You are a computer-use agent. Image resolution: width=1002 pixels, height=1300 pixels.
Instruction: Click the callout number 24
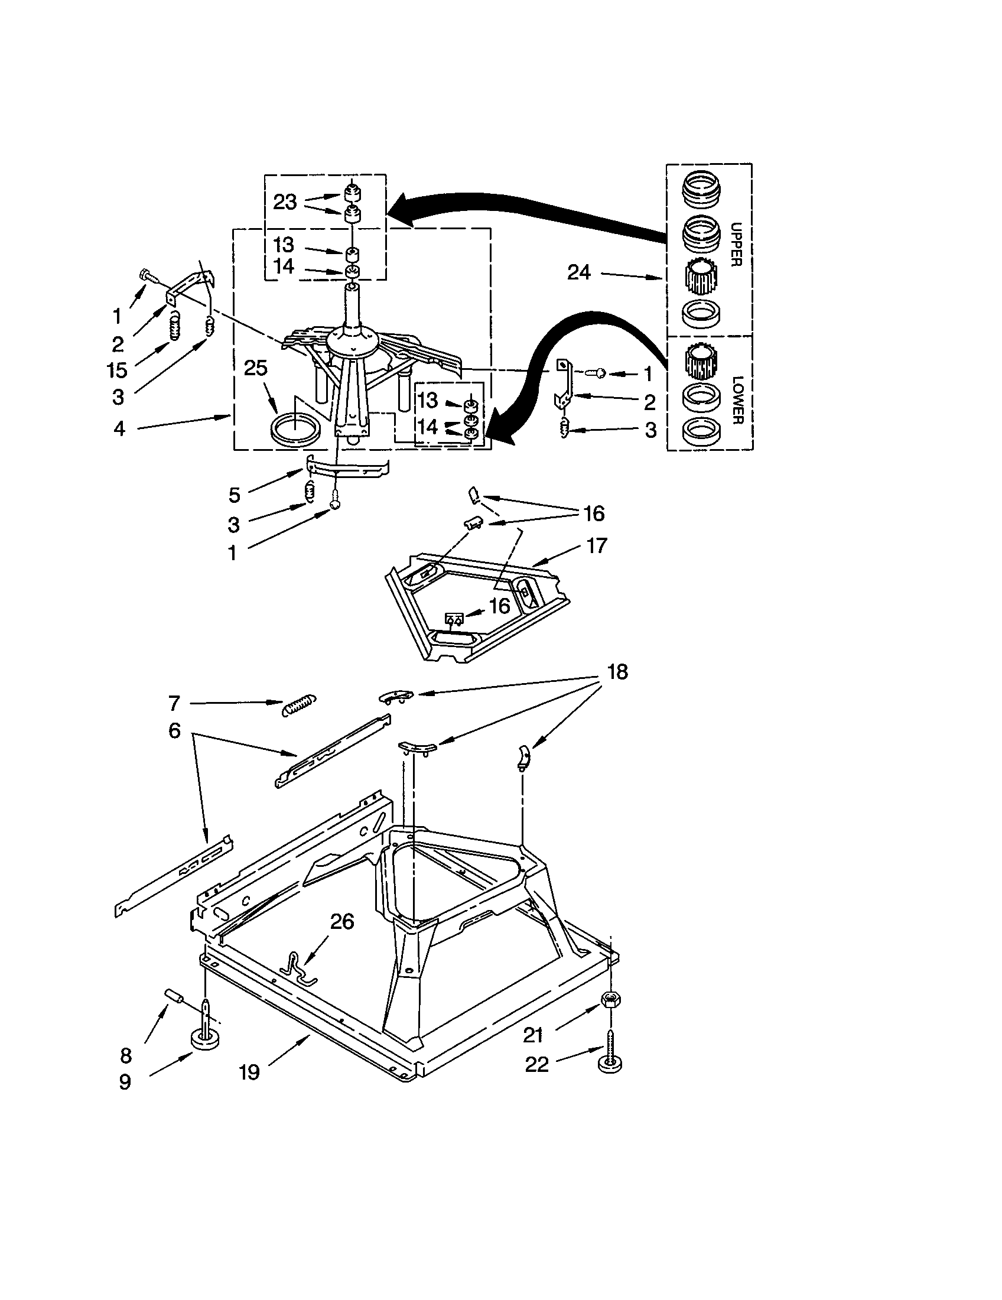click(x=578, y=272)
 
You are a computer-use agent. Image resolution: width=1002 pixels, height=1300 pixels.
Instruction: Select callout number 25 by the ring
click(x=255, y=368)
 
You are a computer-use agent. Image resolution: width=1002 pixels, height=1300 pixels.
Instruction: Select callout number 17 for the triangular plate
click(x=597, y=545)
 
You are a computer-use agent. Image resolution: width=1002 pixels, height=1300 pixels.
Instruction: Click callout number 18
click(x=617, y=672)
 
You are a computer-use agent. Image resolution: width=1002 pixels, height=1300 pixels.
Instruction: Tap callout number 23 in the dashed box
click(x=284, y=202)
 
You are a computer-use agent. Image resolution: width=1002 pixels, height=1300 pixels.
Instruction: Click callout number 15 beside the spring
click(x=117, y=370)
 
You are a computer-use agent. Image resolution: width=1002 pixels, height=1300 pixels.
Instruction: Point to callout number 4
click(x=119, y=428)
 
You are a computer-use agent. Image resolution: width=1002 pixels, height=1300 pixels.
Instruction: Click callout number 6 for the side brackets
click(x=174, y=730)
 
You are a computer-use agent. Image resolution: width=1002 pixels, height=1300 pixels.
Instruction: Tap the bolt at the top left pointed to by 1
click(x=147, y=275)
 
